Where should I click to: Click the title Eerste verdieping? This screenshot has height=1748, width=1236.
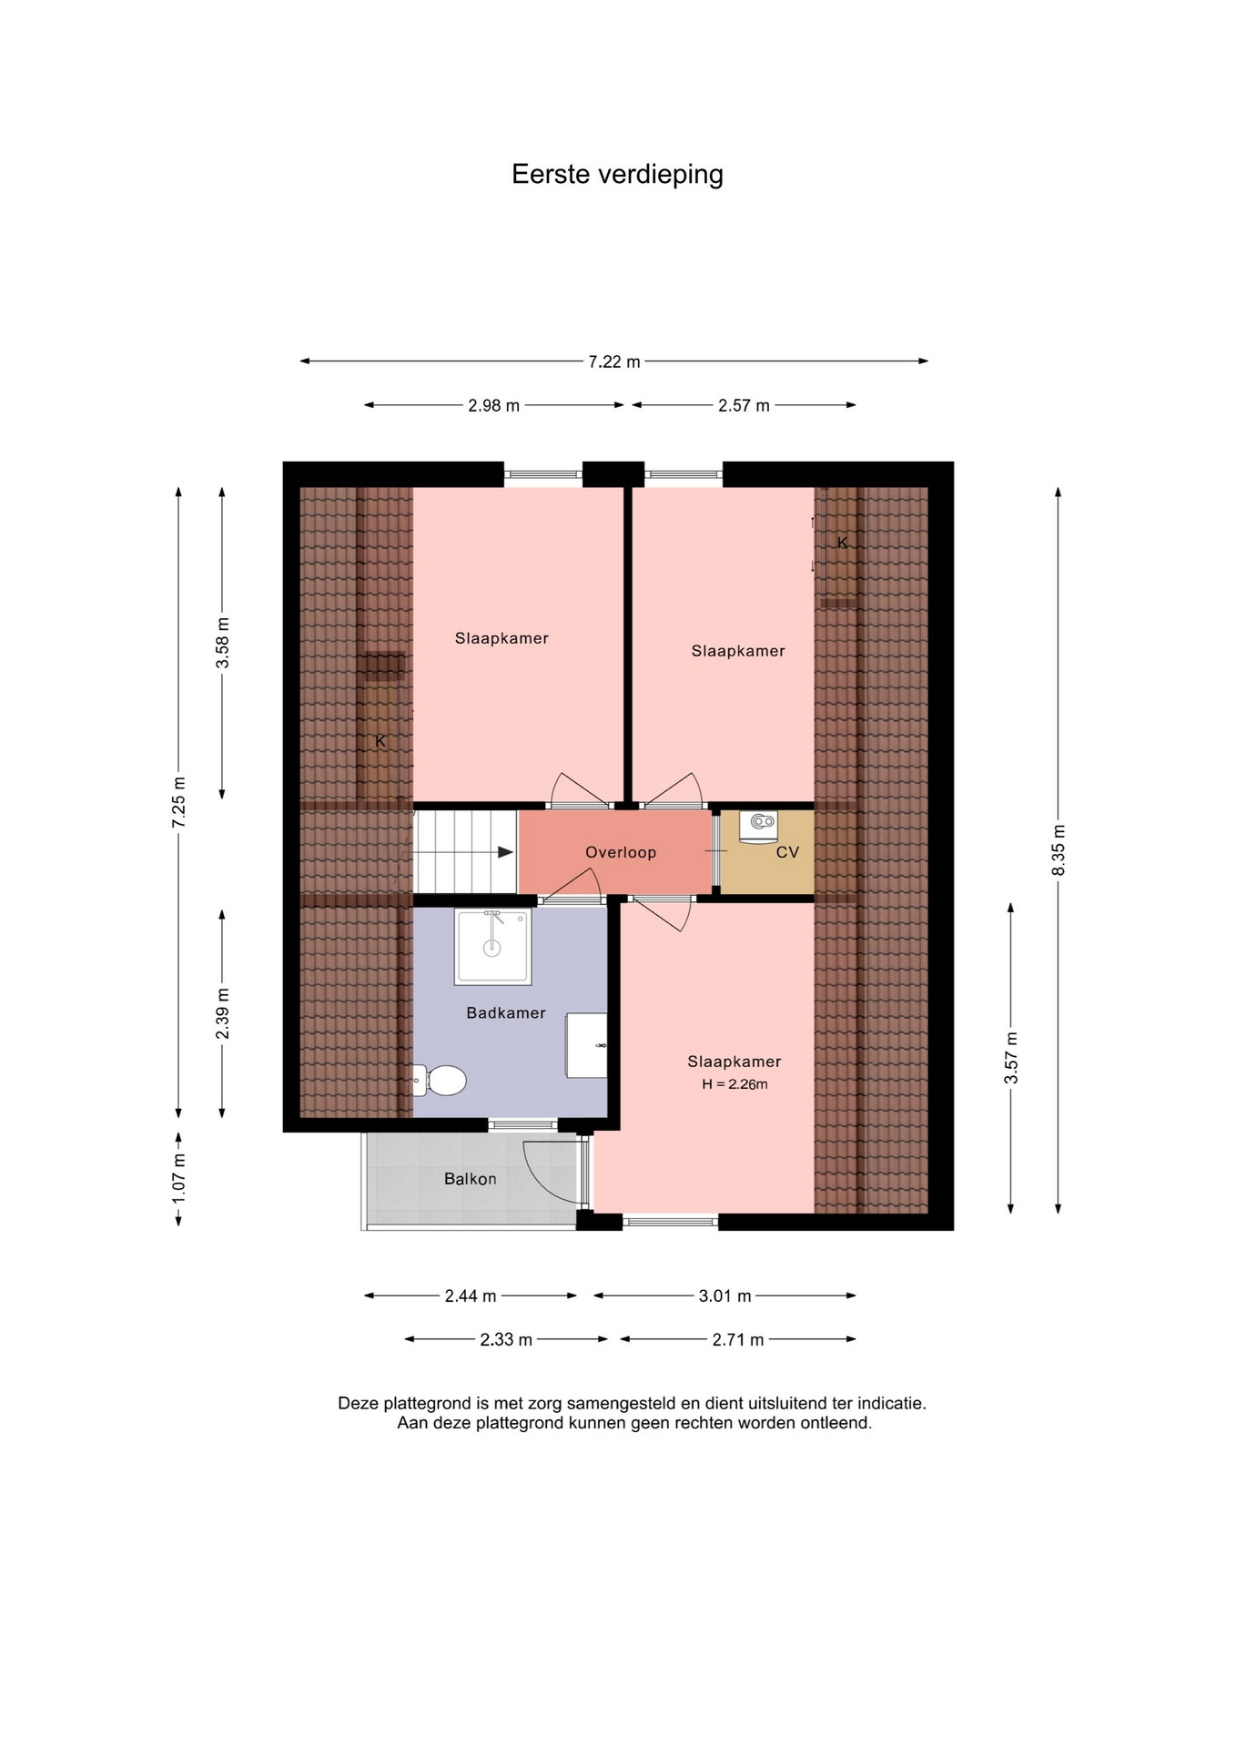tap(617, 174)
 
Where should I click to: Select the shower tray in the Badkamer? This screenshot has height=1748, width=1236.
tap(492, 947)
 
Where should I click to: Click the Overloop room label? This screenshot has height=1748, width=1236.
tap(621, 853)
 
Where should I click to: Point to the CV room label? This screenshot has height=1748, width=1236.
tap(787, 853)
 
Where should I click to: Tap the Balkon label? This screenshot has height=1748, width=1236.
tap(470, 1179)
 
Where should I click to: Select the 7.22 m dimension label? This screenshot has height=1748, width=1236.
tap(614, 361)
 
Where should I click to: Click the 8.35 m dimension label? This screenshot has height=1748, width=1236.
tap(1058, 850)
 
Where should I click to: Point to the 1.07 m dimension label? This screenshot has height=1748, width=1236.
tap(179, 1177)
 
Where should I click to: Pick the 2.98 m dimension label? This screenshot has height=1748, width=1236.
tap(494, 406)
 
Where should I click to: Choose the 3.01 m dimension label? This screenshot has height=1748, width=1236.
tap(724, 1296)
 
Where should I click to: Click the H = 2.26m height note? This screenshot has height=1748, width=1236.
tap(735, 1084)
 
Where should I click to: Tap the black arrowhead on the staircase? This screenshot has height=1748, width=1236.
tap(506, 852)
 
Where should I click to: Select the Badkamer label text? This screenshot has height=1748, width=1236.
tap(506, 1012)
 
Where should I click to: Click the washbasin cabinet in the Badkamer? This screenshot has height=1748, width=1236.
tap(587, 1045)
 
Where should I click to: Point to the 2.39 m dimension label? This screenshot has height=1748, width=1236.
tap(223, 1013)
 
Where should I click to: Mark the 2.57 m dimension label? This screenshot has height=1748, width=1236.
tap(744, 406)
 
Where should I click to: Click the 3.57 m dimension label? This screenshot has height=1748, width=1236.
tap(1010, 1058)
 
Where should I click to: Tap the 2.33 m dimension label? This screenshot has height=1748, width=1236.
tap(506, 1339)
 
